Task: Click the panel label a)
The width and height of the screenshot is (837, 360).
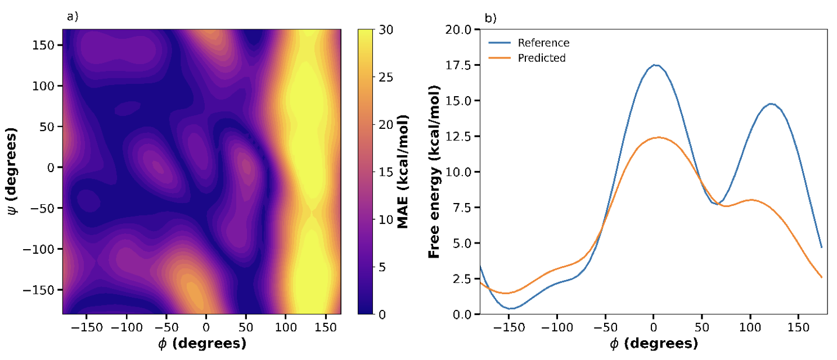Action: (72, 16)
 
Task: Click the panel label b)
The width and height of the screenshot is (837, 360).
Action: (490, 19)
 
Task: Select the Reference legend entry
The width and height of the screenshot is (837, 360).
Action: (543, 43)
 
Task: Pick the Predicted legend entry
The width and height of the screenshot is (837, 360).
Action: (542, 58)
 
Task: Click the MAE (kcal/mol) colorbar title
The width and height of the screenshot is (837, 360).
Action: (403, 172)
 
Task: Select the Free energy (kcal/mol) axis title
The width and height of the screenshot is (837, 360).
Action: (434, 172)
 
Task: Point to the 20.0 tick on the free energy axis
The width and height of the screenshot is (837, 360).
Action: (462, 29)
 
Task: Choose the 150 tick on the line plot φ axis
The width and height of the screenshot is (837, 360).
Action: (798, 327)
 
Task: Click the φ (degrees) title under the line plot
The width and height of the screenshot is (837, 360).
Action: (654, 344)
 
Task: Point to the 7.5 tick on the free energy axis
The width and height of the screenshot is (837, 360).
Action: (464, 207)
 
